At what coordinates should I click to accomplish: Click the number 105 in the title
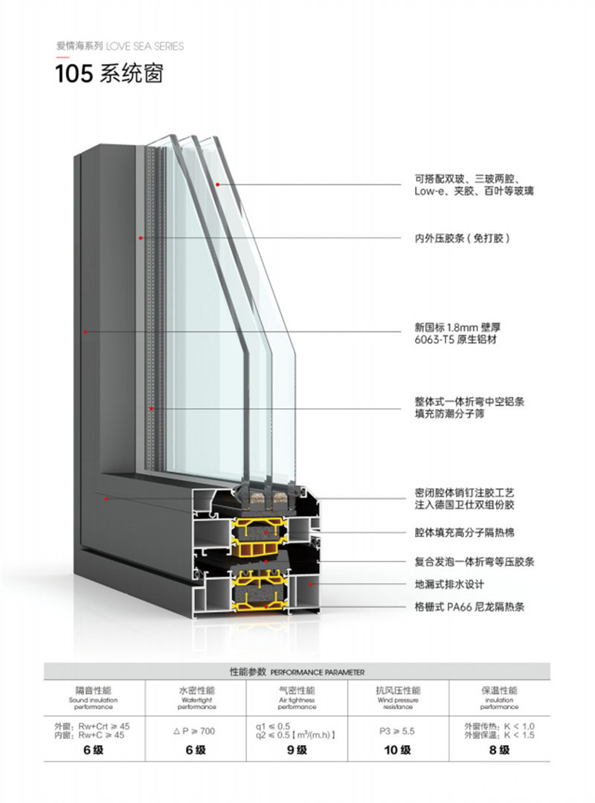tap(72, 74)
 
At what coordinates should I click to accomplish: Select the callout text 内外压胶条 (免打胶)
tap(462, 239)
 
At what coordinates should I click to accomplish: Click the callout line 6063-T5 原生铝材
tap(455, 339)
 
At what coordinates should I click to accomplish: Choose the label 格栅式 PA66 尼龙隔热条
tap(469, 607)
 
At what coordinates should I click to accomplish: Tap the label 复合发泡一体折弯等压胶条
tap(475, 561)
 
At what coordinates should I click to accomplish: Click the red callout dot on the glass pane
tap(218, 184)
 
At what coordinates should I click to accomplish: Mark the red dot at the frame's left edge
tap(86, 332)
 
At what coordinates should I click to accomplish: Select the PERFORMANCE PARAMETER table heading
tap(297, 671)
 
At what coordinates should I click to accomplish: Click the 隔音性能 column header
tap(93, 691)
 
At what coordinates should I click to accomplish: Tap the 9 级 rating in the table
tap(296, 750)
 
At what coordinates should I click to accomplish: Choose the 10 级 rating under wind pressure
tap(398, 750)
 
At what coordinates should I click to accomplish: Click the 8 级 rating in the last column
tap(499, 750)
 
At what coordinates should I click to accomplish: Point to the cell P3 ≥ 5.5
tap(398, 732)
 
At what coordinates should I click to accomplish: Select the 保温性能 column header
tap(499, 691)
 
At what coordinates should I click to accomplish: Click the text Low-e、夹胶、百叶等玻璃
tap(474, 191)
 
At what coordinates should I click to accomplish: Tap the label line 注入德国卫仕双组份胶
tap(464, 505)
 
